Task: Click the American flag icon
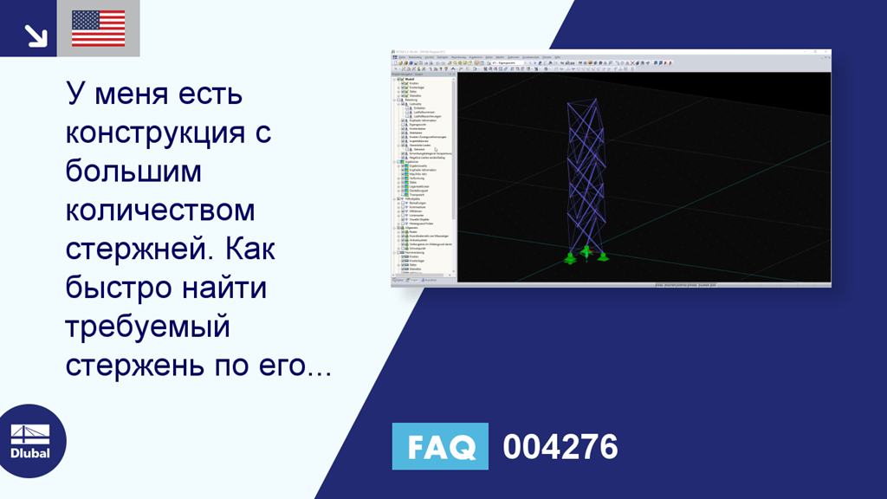(x=98, y=29)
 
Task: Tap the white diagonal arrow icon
(x=35, y=35)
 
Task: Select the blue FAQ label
(x=440, y=446)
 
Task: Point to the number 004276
(x=560, y=447)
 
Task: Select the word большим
(x=133, y=172)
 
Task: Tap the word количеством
(x=161, y=211)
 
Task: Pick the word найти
(x=227, y=288)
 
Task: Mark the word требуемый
(x=148, y=327)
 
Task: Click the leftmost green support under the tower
(x=570, y=257)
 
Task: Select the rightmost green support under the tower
(x=602, y=257)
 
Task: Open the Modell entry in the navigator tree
(x=410, y=79)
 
